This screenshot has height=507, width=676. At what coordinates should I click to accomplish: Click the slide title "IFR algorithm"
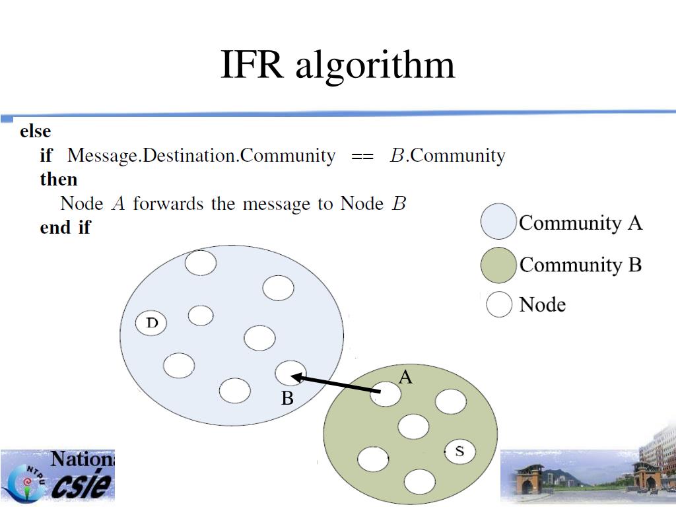(x=337, y=65)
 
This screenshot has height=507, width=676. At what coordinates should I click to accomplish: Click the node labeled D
(x=151, y=323)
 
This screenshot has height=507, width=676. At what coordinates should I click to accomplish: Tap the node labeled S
(x=460, y=452)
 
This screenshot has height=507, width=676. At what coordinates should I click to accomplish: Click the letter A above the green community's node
(x=405, y=378)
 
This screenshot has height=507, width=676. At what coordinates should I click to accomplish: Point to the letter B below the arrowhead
(x=287, y=399)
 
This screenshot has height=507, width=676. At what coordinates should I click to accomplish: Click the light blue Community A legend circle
(x=498, y=221)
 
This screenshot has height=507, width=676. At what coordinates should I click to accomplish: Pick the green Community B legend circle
(x=498, y=265)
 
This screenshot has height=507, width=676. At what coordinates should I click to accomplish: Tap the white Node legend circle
(x=499, y=304)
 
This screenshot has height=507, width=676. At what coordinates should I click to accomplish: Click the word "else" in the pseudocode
(x=36, y=131)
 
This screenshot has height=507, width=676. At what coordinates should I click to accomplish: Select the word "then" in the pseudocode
(x=59, y=179)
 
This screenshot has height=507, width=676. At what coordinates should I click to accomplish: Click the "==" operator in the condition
(x=362, y=156)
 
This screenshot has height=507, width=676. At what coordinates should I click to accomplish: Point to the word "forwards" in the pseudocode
(x=168, y=203)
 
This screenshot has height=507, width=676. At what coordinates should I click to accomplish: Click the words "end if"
(x=65, y=227)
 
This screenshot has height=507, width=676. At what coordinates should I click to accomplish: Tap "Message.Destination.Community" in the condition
(x=201, y=156)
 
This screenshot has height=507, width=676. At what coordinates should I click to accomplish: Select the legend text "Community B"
(x=580, y=265)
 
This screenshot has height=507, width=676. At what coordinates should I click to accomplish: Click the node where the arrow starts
(x=388, y=394)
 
